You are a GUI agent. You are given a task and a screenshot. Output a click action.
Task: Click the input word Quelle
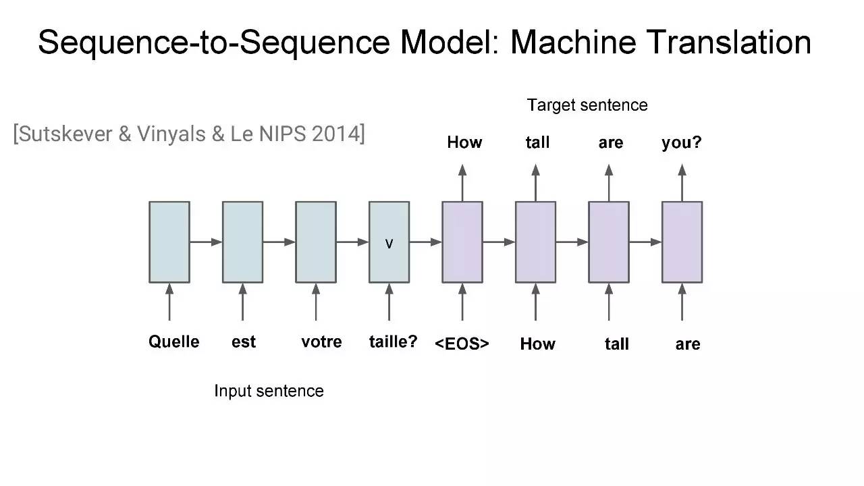174,342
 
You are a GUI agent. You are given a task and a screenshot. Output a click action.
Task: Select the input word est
244,342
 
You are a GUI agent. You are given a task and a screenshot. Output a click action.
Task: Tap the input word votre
321,342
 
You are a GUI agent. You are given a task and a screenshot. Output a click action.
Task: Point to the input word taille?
393,342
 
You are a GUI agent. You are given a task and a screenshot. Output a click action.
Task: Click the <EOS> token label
462,344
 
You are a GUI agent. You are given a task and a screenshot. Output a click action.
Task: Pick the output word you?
682,143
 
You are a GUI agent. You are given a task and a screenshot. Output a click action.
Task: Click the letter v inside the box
389,244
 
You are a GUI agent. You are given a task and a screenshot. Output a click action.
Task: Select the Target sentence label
587,105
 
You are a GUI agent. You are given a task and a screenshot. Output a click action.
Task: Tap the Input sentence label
269,391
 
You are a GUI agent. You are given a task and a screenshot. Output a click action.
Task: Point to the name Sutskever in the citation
65,134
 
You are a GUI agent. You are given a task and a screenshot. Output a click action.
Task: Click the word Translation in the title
728,43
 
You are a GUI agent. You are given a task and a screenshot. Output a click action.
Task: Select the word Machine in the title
573,43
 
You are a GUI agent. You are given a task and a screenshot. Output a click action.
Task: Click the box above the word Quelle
169,242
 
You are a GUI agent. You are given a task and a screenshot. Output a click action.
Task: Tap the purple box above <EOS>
462,242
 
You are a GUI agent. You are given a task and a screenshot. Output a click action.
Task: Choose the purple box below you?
682,242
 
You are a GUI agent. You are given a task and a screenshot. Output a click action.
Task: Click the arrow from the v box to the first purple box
426,242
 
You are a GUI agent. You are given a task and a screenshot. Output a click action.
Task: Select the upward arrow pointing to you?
682,183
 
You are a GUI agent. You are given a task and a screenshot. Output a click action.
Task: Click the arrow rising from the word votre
316,302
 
